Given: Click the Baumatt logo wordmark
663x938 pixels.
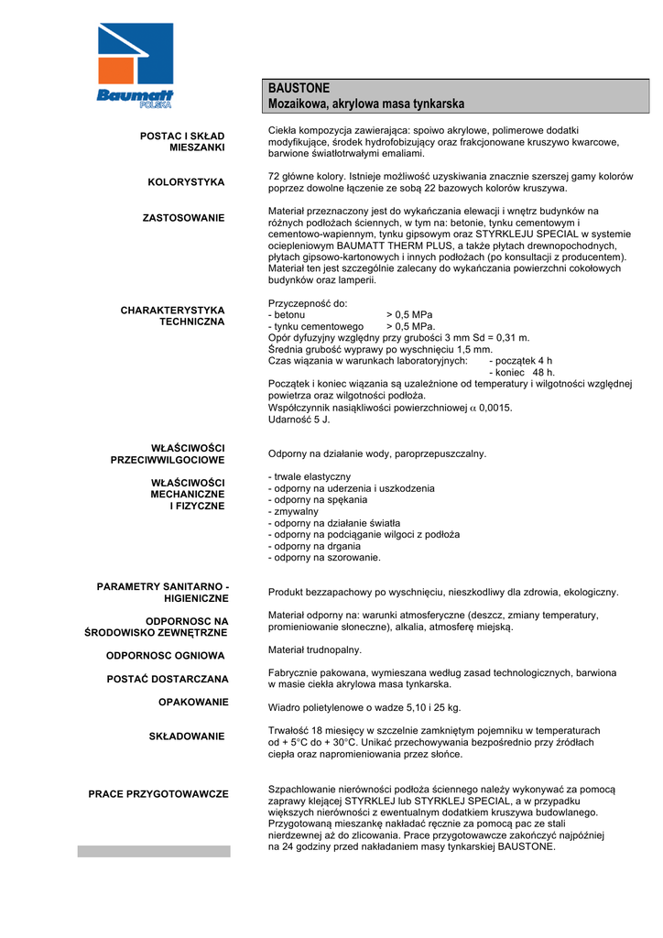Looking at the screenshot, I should click(x=136, y=95).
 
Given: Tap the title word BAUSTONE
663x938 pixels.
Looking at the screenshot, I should click(x=299, y=88).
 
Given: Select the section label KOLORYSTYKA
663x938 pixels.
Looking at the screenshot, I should click(x=186, y=182).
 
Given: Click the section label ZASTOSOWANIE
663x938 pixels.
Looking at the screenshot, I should click(x=183, y=218).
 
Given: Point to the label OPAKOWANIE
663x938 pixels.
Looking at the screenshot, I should click(x=193, y=702).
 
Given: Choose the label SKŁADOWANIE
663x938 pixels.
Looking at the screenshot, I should click(x=187, y=736).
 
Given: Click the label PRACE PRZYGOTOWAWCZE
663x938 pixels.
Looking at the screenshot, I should click(x=158, y=793).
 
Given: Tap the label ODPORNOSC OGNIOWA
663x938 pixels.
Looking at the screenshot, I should click(x=166, y=656).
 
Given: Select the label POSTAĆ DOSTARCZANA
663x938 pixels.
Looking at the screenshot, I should click(x=172, y=679).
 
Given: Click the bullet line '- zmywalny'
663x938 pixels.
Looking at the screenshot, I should click(x=293, y=512).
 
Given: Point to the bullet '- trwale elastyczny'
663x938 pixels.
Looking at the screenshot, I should click(x=310, y=477).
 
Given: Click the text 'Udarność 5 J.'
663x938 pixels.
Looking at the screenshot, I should click(x=299, y=420).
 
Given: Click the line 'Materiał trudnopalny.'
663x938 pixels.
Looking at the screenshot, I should click(x=315, y=649).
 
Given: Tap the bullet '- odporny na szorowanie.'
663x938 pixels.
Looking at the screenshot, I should click(x=324, y=557).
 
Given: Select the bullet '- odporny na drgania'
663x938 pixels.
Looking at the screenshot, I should click(x=315, y=546).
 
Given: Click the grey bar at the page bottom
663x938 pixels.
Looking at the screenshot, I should click(x=154, y=851).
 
